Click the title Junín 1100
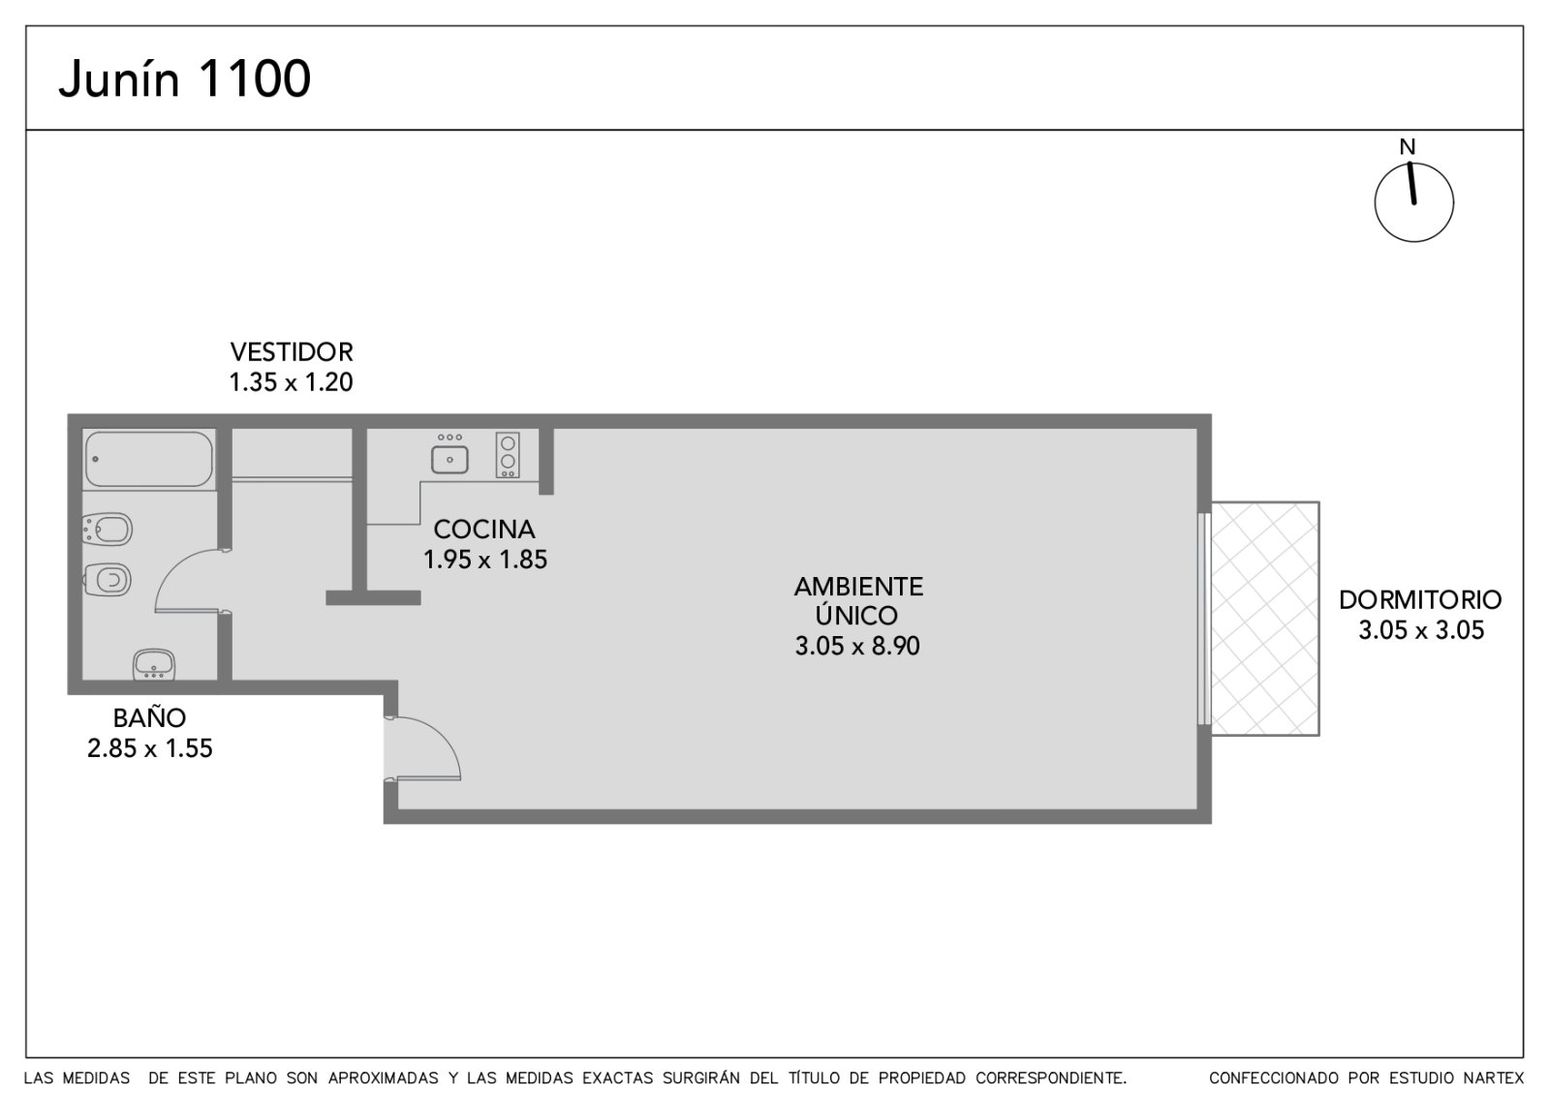coord(185,78)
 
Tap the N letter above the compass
coord(1407,146)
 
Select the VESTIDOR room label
coord(292,352)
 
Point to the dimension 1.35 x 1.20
coord(292,382)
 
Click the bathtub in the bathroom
coord(149,459)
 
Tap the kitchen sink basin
coord(449,459)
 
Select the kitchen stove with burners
coord(508,454)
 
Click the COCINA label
coord(484,530)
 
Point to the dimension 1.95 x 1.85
coord(485,560)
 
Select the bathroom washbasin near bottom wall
coord(154,664)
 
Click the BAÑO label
coord(149,718)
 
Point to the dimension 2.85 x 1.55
coord(149,749)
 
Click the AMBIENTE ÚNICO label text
coord(858,600)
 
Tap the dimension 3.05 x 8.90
coord(857,646)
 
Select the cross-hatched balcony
coord(1265,619)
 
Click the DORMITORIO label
coord(1420,600)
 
